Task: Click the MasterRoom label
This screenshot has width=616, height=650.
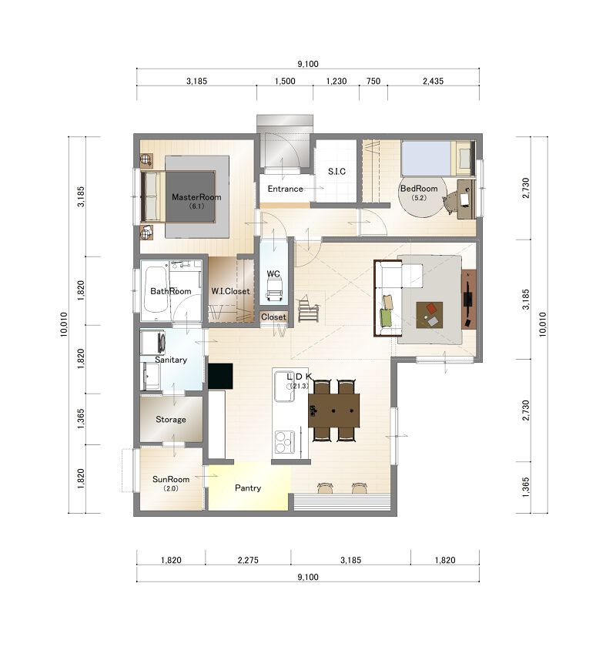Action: coord(196,197)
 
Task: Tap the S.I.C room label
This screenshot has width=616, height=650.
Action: coord(336,171)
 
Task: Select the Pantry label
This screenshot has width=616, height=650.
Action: coord(248,488)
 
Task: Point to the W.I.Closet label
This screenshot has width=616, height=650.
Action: coord(230,291)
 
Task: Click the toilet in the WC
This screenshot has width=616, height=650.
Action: coord(273,290)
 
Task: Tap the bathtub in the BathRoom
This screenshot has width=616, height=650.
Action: coord(156,290)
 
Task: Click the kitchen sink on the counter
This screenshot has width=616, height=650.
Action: coord(284,387)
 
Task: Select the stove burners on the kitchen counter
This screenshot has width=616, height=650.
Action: coord(285,442)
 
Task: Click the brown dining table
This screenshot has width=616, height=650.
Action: coord(333,410)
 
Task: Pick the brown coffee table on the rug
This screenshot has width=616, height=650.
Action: coord(430,315)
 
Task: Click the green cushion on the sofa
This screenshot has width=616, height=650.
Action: coord(386,318)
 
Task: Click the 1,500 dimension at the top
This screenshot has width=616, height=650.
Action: coord(285,82)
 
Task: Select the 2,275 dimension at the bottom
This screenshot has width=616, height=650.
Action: coord(248,560)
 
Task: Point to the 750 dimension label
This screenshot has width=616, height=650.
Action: coord(373,82)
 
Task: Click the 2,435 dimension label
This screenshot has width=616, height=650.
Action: coord(433,82)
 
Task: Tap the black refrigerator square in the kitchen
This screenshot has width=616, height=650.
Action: coord(220,376)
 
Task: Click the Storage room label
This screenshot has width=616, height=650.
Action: coord(171,420)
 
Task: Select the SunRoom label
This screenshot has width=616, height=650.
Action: coord(171,479)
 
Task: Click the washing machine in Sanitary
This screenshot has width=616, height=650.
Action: coord(152,343)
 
